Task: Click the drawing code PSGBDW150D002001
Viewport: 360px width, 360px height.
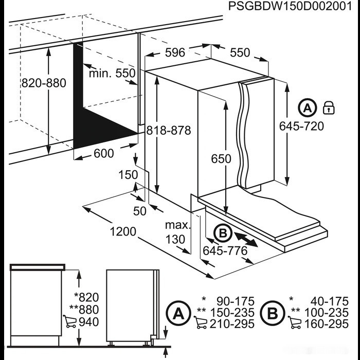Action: (290, 6)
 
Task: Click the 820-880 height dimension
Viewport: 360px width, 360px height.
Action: (44, 83)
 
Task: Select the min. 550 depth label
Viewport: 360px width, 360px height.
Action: (112, 74)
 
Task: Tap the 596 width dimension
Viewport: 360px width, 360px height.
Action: (175, 52)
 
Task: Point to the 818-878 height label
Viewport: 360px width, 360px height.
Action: (169, 131)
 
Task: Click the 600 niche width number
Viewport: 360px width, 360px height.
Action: (104, 153)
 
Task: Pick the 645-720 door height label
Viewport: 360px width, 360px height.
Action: (301, 126)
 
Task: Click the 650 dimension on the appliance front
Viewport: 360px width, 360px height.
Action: (221, 158)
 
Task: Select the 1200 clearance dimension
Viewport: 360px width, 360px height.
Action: (123, 231)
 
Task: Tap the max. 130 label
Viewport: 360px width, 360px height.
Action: (178, 232)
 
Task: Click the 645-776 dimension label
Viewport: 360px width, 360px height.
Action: (225, 251)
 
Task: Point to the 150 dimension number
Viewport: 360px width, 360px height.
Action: (128, 175)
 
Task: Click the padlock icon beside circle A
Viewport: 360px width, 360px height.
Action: (329, 107)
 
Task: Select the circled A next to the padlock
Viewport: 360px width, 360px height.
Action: (308, 107)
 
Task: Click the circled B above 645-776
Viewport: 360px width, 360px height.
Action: (223, 233)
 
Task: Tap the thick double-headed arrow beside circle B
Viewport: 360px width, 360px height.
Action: (246, 240)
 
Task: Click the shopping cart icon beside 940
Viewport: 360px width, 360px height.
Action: (69, 321)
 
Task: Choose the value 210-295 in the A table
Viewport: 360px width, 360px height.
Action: (232, 324)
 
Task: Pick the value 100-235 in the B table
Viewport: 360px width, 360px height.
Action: (326, 313)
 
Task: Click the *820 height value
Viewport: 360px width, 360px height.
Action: (86, 297)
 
